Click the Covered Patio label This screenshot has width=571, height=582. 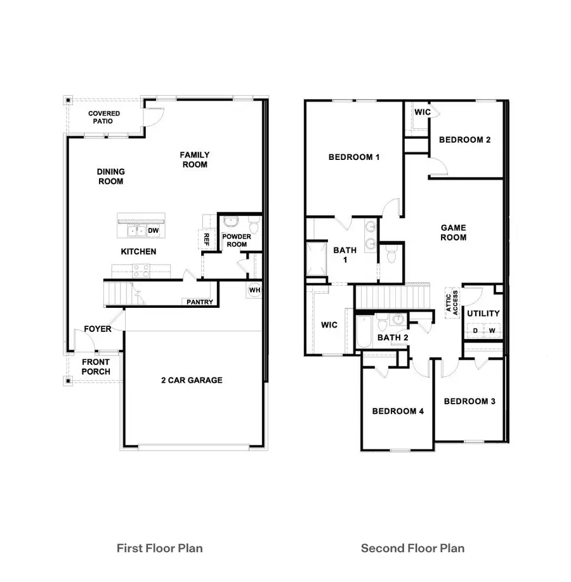(x=104, y=117)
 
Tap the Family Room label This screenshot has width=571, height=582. (x=194, y=159)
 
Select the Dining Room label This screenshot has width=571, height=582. (x=110, y=176)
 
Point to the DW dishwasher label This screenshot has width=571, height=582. (x=154, y=231)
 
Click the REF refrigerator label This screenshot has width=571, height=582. (x=206, y=239)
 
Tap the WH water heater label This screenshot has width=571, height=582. (x=254, y=290)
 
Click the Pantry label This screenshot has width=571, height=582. (x=200, y=302)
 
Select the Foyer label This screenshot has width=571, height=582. (x=98, y=329)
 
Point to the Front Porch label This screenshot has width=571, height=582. (x=96, y=367)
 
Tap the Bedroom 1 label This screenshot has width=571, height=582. (x=354, y=157)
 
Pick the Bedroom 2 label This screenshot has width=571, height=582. (x=465, y=140)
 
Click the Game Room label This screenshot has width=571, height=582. (x=454, y=232)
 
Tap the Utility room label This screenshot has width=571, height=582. (x=483, y=314)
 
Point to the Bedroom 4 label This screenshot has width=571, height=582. (x=398, y=411)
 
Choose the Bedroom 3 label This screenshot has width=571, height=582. (x=469, y=401)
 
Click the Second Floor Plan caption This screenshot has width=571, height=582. (x=412, y=548)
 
